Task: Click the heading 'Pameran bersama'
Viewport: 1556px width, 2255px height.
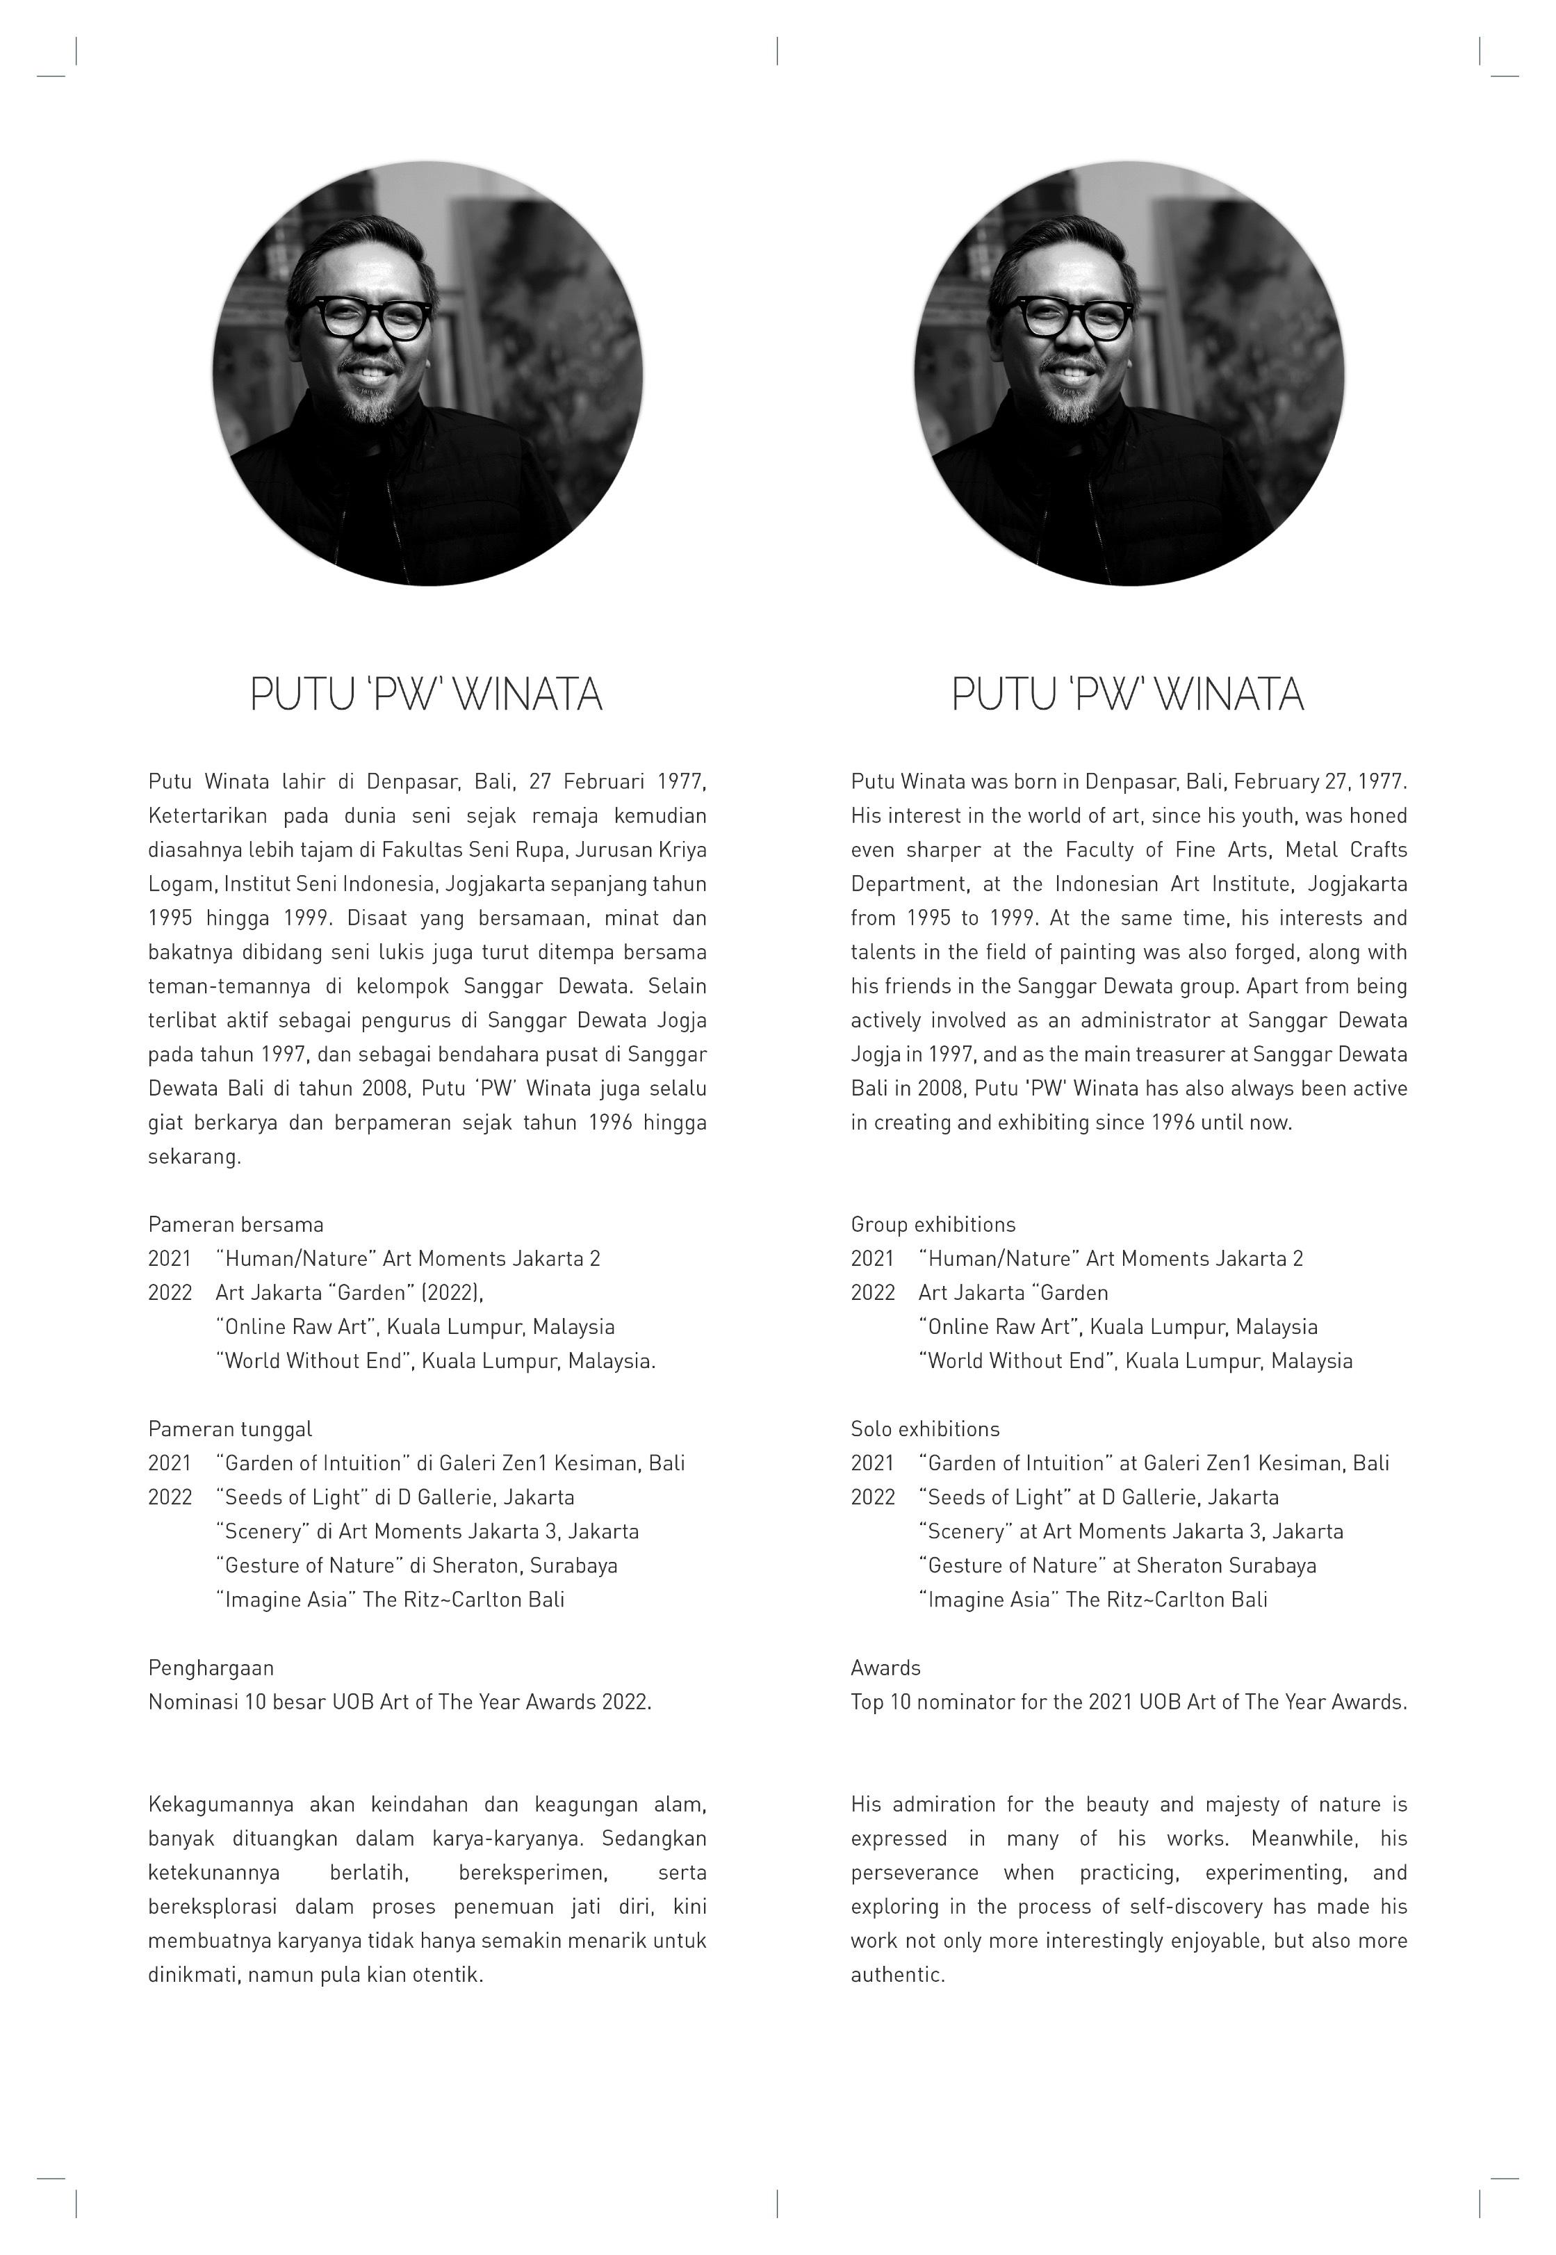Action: [235, 1225]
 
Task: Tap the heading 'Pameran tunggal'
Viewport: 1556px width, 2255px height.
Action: [230, 1429]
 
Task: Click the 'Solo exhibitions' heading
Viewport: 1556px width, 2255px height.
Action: [924, 1429]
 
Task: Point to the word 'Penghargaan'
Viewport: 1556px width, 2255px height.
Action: [211, 1668]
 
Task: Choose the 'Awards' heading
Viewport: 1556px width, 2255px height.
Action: [885, 1668]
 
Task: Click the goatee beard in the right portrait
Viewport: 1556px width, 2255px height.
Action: [1070, 402]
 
